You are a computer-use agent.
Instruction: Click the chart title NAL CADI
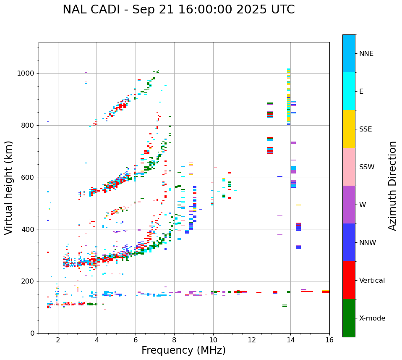[x=178, y=10]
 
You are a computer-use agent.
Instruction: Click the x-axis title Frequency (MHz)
[x=183, y=350]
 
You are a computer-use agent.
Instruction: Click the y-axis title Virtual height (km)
[x=9, y=188]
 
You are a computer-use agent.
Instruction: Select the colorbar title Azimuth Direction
[x=392, y=186]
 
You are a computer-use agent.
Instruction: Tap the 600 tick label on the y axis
[x=28, y=177]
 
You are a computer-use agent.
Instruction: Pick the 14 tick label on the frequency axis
[x=291, y=340]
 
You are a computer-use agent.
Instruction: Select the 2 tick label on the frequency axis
[x=58, y=340]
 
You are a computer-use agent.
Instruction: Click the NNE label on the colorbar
[x=366, y=54]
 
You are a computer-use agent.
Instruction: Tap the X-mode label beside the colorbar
[x=372, y=318]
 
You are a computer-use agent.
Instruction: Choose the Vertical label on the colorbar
[x=372, y=281]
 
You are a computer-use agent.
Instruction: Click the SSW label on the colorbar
[x=367, y=167]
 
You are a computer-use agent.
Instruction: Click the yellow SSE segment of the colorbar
[x=349, y=129]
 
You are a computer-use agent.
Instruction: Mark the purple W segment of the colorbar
[x=349, y=205]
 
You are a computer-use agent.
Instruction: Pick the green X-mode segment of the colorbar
[x=349, y=318]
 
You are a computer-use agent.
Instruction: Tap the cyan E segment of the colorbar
[x=349, y=91]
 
